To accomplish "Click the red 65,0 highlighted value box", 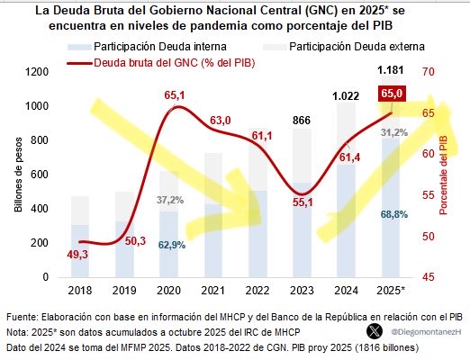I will (x=392, y=93).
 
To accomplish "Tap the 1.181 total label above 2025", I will (x=392, y=72).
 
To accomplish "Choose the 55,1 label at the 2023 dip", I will (x=302, y=202).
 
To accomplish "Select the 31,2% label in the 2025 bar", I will (x=392, y=132).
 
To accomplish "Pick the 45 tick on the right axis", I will (x=428, y=278).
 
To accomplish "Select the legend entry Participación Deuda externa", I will (x=345, y=46).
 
